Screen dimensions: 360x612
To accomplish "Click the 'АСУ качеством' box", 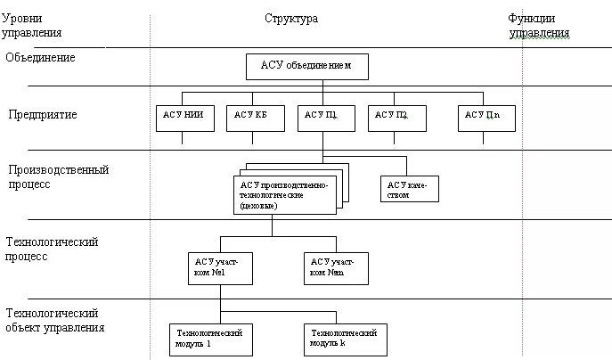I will coord(408,189).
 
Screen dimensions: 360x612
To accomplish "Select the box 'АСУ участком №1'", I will coord(218,266).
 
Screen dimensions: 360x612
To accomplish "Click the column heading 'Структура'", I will coord(290,19).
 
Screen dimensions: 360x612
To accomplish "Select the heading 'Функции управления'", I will coord(538,26).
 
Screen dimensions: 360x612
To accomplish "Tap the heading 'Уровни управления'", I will coord(33,25).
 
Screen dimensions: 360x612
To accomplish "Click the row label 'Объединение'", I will coord(40,58).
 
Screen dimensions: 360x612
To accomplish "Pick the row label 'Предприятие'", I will coord(43,115).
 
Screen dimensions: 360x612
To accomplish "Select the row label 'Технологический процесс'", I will coord(52,249).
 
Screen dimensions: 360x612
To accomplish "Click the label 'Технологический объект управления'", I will coord(55,320).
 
